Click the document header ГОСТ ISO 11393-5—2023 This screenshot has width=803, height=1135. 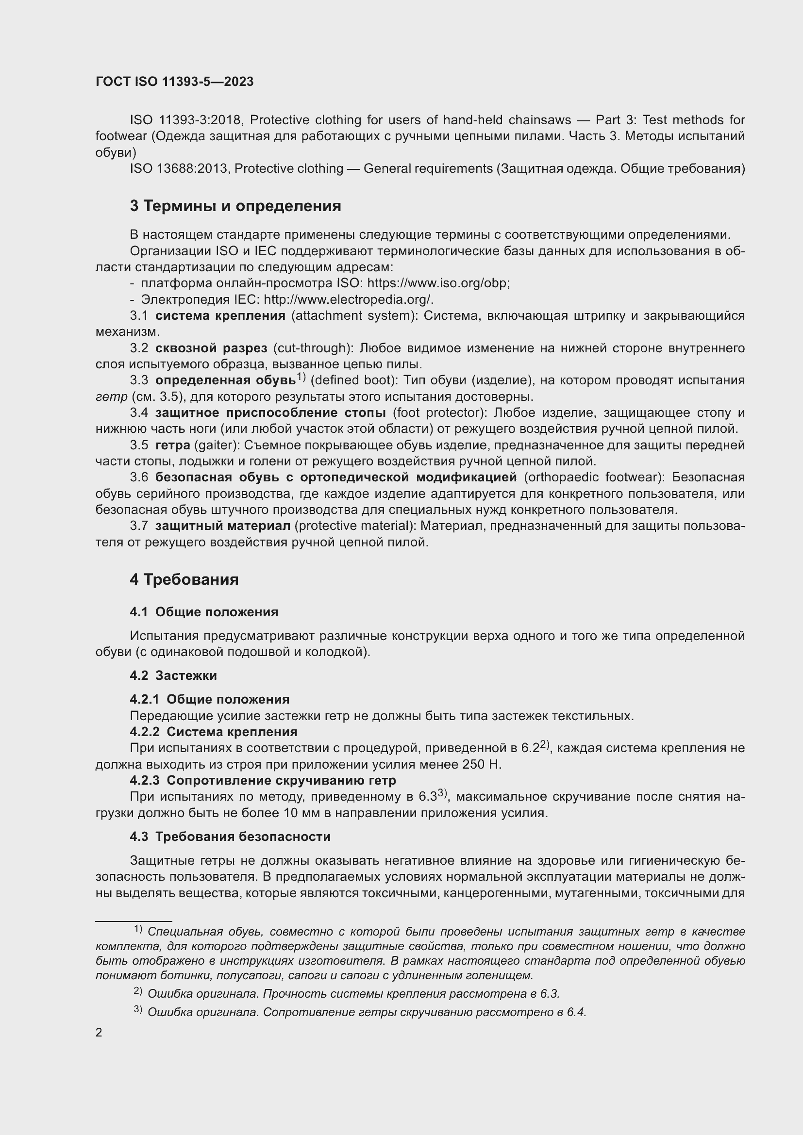(174, 82)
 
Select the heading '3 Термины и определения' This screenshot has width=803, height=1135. (235, 206)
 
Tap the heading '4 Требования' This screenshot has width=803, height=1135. (184, 579)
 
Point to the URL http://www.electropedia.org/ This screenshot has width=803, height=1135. (349, 299)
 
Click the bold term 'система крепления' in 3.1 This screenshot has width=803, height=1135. (220, 316)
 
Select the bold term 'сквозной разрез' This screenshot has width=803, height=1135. (211, 348)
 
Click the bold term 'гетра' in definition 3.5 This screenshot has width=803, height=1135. (172, 445)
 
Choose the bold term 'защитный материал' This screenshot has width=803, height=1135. (222, 526)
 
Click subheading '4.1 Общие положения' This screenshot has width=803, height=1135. (204, 612)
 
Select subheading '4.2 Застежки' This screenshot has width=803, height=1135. (173, 675)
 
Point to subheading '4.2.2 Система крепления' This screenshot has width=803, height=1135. (214, 732)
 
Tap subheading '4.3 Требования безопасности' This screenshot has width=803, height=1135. (230, 837)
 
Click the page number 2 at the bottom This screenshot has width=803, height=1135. (99, 1033)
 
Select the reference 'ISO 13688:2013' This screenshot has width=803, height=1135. (179, 168)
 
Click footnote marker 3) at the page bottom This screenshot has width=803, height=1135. (138, 1009)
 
